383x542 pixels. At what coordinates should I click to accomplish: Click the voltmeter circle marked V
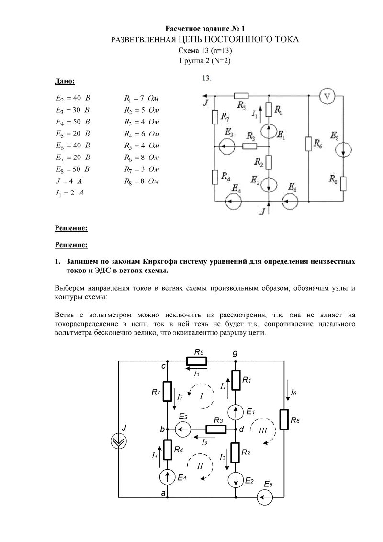tap(327, 96)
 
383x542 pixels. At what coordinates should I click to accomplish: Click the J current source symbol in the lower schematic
tap(118, 441)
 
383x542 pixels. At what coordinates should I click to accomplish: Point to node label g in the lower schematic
tap(235, 353)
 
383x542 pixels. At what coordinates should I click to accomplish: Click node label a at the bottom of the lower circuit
tap(163, 492)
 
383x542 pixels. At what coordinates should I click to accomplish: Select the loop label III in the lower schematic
tap(262, 430)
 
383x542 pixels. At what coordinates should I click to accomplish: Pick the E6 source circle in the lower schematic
tap(264, 498)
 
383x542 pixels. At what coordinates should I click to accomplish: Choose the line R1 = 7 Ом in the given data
tap(141, 98)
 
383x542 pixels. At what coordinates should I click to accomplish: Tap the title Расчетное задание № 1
tap(205, 29)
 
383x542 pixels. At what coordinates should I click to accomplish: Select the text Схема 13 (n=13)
tap(205, 50)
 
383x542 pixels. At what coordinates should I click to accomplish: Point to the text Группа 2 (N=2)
tap(205, 61)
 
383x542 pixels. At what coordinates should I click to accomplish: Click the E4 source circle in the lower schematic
tap(167, 476)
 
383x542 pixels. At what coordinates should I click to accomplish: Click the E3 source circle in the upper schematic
tap(226, 145)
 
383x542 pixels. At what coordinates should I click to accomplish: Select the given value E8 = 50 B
tap(72, 169)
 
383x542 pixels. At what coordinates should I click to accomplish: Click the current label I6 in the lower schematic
tap(293, 393)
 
